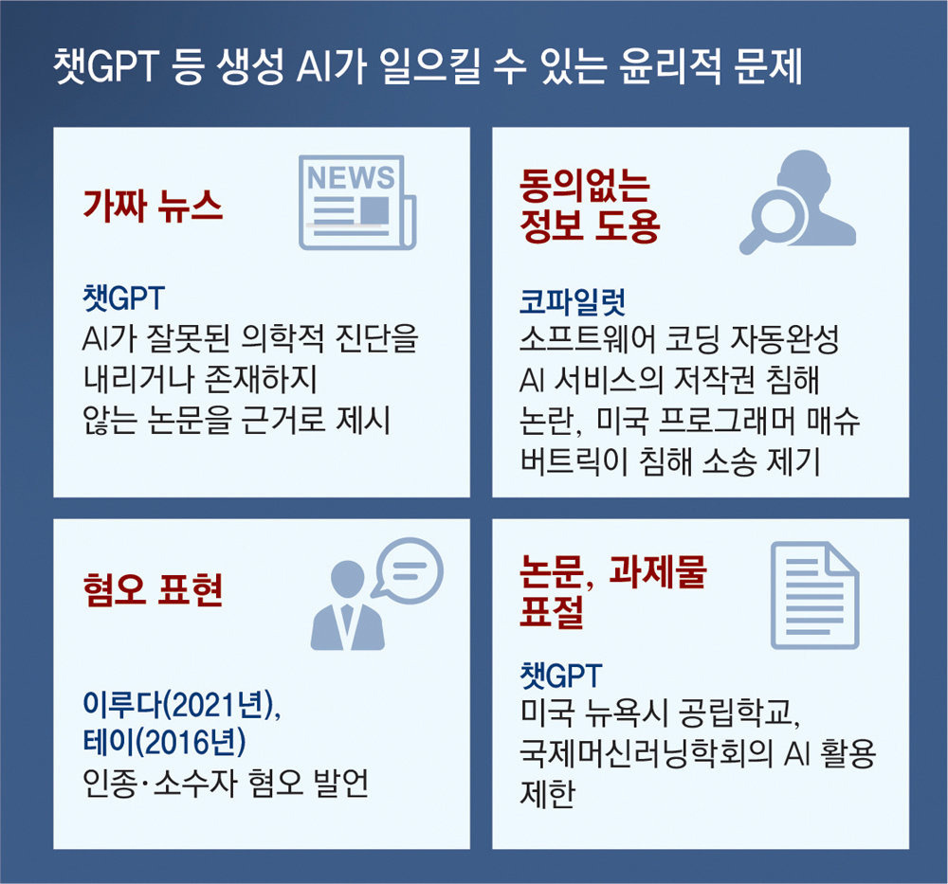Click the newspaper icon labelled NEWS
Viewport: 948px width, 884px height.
pyautogui.click(x=357, y=203)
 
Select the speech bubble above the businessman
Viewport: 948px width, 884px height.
pyautogui.click(x=409, y=569)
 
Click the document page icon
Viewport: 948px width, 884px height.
pyautogui.click(x=814, y=595)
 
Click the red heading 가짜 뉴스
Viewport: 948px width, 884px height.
pyautogui.click(x=153, y=206)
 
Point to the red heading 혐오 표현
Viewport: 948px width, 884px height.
pyautogui.click(x=153, y=589)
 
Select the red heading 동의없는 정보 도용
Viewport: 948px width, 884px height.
pyautogui.click(x=590, y=206)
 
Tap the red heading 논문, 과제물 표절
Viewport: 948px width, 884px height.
pyautogui.click(x=612, y=591)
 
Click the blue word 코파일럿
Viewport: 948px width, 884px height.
pyautogui.click(x=573, y=301)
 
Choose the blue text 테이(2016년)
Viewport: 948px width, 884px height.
pyautogui.click(x=164, y=742)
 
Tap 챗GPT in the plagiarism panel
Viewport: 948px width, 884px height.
pyautogui.click(x=561, y=675)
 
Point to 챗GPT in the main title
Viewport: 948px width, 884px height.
pyautogui.click(x=106, y=66)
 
